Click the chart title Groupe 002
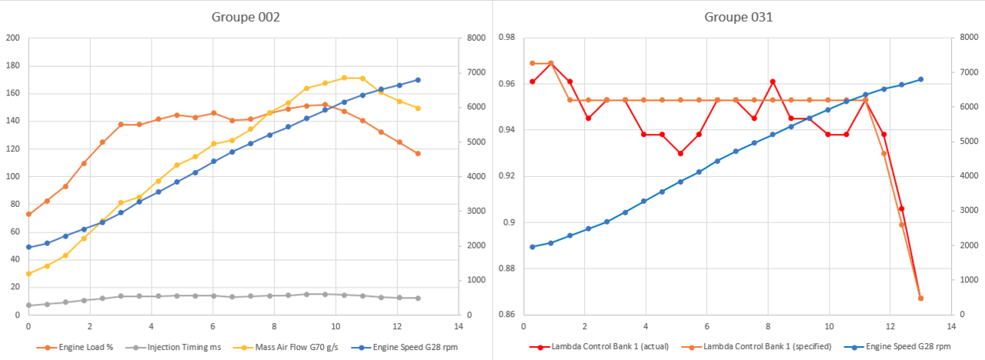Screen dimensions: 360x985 click(x=246, y=16)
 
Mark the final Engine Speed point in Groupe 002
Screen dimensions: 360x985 click(x=418, y=80)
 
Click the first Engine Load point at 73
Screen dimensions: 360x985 click(x=28, y=214)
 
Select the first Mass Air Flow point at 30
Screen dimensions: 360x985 click(x=28, y=274)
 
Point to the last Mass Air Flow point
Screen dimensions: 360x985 click(x=418, y=108)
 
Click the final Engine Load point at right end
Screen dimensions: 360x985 click(x=418, y=154)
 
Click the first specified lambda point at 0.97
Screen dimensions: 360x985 click(x=533, y=63)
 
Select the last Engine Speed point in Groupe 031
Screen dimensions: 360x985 click(x=920, y=79)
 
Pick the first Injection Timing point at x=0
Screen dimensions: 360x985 click(x=28, y=305)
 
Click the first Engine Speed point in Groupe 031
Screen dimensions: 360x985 click(x=533, y=247)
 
